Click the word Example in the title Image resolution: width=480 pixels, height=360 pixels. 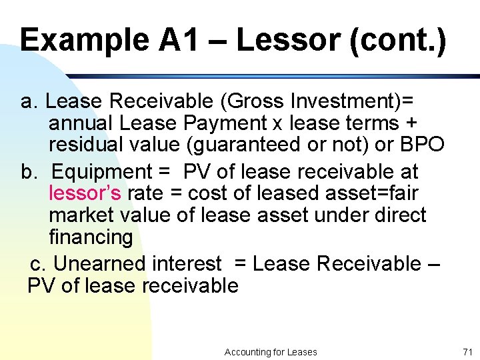[x=83, y=40]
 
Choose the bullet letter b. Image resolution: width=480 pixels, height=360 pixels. [x=30, y=171]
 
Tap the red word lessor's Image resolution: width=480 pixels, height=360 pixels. [x=85, y=193]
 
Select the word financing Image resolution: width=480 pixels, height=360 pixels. [x=91, y=237]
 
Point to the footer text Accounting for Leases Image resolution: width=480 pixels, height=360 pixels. [x=271, y=352]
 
